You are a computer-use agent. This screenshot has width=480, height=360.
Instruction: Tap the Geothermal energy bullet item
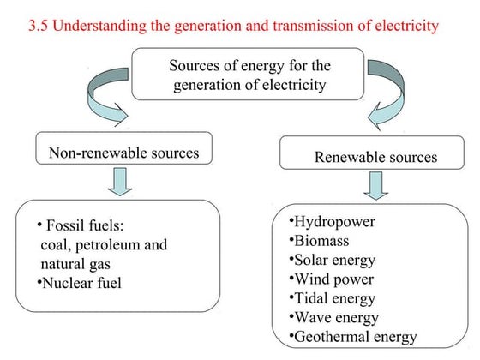pos(354,336)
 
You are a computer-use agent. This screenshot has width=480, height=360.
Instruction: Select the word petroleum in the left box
pos(109,245)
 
